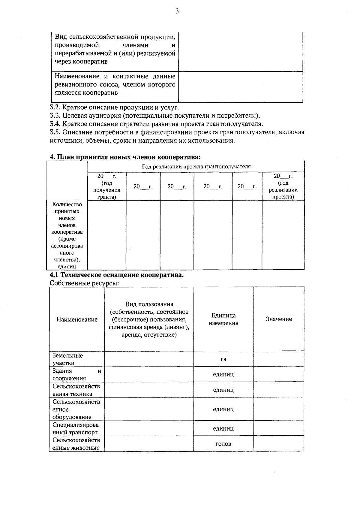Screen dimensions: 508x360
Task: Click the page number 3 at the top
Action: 177,11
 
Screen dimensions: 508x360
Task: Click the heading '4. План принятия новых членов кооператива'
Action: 125,157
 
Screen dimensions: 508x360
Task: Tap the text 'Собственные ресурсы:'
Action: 82,283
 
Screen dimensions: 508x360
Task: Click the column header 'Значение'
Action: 279,319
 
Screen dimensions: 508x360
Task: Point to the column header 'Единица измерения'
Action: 223,319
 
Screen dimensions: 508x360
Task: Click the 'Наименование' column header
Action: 77,319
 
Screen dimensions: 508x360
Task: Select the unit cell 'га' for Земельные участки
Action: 223,359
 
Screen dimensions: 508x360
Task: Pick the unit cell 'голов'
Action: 223,444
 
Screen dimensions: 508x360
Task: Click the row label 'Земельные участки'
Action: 68,359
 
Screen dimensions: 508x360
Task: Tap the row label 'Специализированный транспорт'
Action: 76,428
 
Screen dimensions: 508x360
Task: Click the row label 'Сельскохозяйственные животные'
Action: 76,444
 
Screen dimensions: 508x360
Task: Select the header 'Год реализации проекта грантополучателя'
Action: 196,167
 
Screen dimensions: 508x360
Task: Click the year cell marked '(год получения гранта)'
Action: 107,186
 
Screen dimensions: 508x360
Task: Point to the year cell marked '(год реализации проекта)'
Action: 283,186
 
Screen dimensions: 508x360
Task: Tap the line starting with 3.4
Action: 156,124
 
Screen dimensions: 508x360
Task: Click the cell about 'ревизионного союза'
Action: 115,85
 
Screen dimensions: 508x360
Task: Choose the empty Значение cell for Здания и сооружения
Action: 279,374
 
